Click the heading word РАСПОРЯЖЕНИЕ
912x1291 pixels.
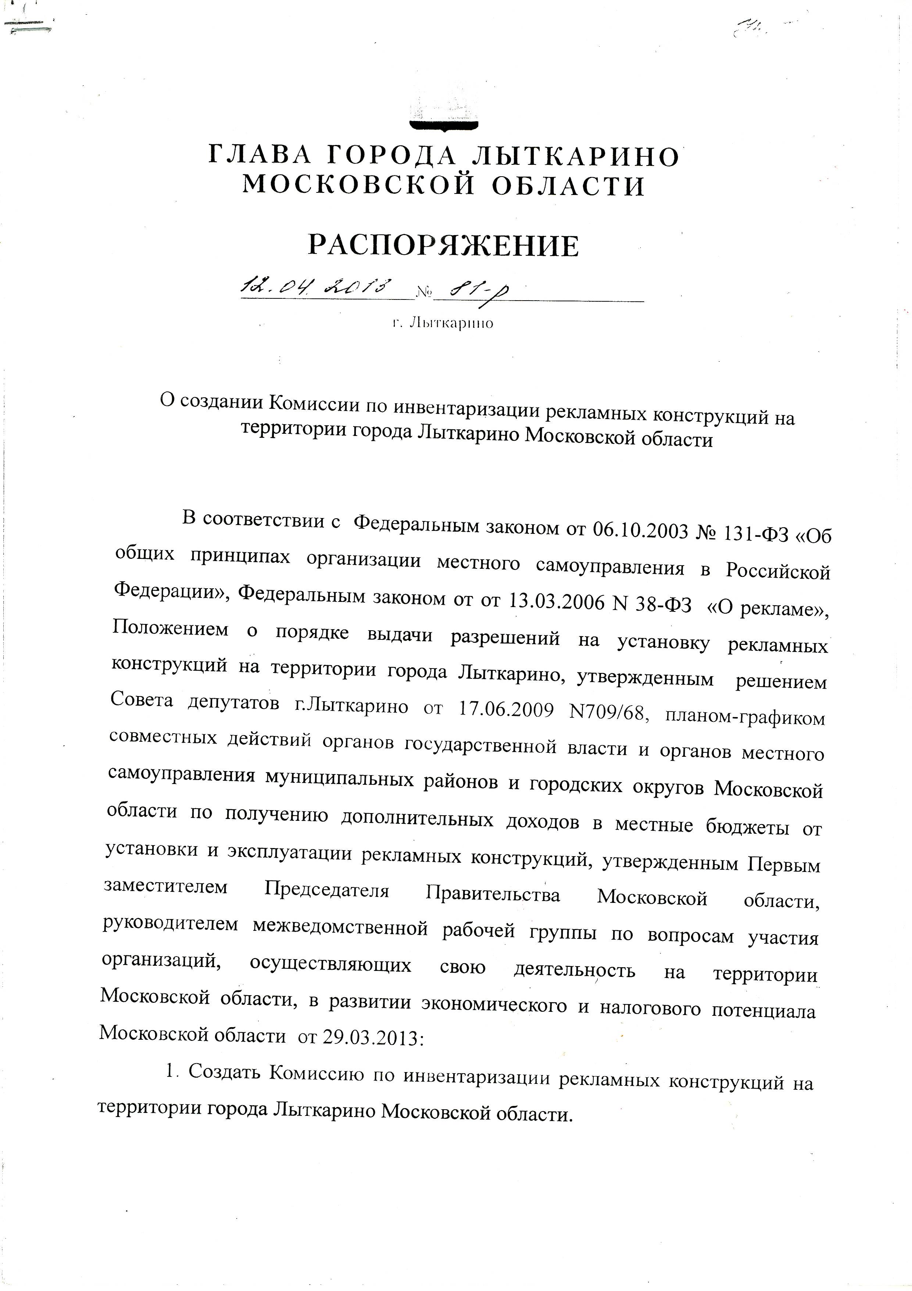(443, 246)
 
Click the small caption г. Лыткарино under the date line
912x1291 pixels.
(443, 323)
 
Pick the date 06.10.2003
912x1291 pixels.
(641, 530)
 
